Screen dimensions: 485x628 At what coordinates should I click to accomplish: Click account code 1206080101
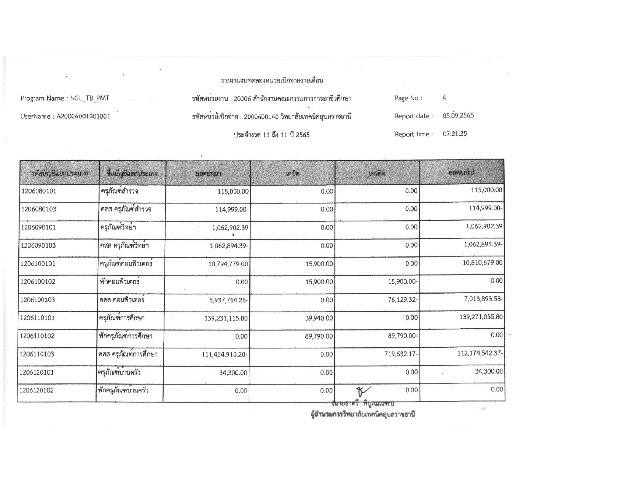[39, 191]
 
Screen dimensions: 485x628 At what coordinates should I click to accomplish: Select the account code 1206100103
[38, 300]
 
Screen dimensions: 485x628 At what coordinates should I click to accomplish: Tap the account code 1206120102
[37, 390]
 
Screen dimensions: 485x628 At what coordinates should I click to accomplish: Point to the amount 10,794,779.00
[228, 264]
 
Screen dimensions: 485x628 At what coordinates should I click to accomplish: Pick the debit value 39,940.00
[319, 318]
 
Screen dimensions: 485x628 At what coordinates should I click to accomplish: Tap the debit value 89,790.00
[319, 336]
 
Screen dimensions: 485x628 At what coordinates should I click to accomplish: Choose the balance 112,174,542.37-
[480, 353]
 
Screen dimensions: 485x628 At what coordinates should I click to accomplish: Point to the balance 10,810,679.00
[482, 262]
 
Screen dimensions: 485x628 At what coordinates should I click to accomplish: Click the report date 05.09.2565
[458, 116]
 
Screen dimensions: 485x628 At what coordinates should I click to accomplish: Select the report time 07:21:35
[455, 134]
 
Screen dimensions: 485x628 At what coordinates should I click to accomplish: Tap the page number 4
[444, 98]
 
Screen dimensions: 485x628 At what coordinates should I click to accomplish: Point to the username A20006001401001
[83, 116]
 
